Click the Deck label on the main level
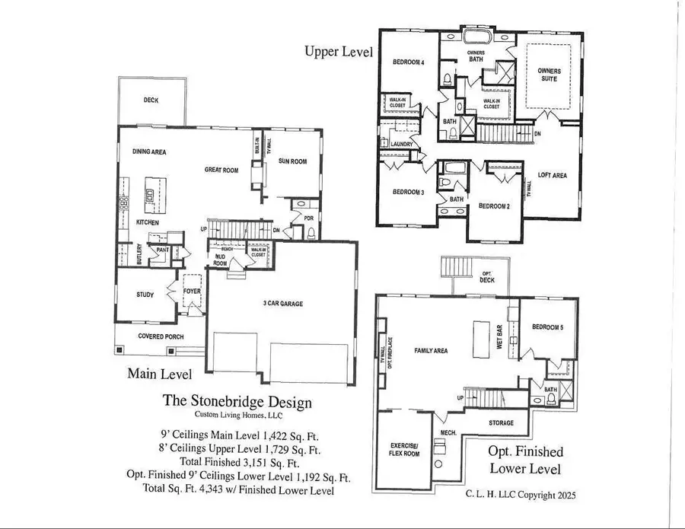pos(151,100)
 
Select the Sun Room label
pos(292,161)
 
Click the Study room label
pos(145,295)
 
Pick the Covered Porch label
pos(158,336)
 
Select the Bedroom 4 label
pos(409,62)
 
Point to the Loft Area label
pos(552,176)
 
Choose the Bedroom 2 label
pos(493,206)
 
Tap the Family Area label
pos(431,351)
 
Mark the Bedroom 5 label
pos(548,327)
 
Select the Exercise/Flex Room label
pos(405,448)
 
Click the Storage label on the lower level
pos(501,423)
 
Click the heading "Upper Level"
pos(339,52)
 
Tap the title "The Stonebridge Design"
pos(237,400)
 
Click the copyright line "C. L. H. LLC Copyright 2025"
pos(521,493)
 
